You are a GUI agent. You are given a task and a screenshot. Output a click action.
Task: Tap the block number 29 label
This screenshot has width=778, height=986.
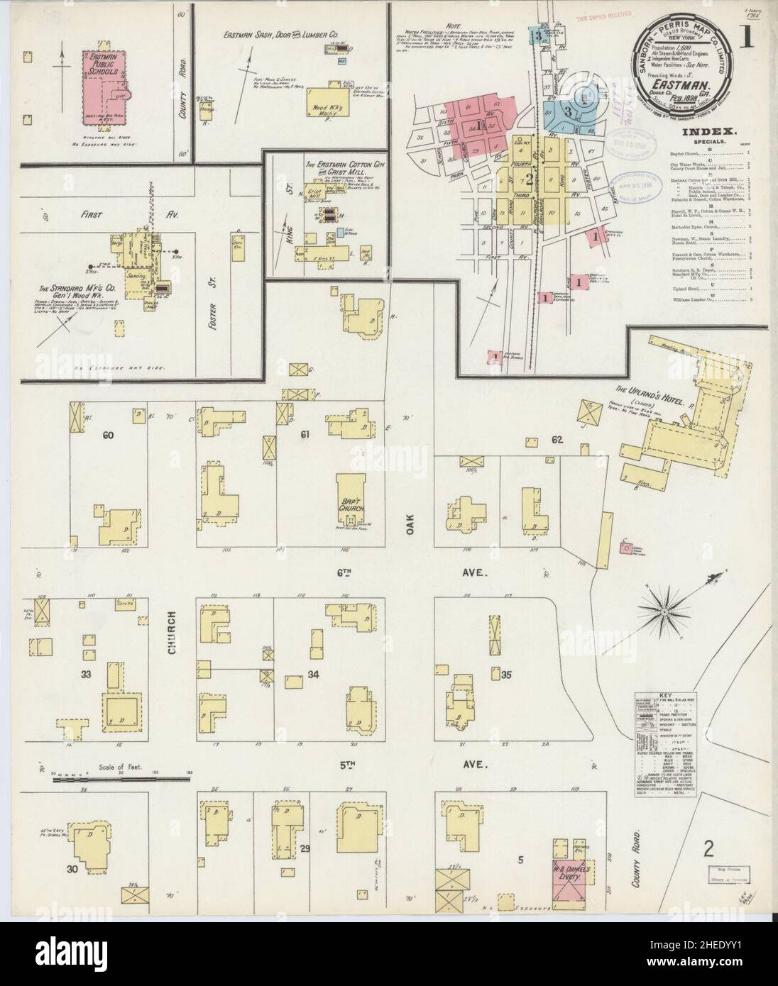(306, 848)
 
